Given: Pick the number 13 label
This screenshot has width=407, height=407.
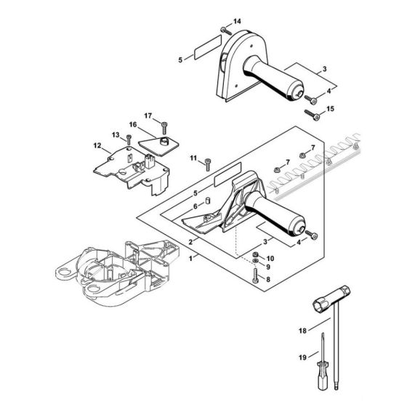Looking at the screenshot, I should (x=116, y=134).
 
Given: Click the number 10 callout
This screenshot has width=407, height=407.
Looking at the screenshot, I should (x=271, y=258).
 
